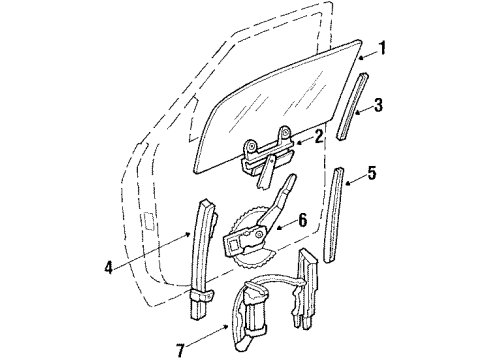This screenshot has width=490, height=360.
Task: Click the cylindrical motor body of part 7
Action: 256,320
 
